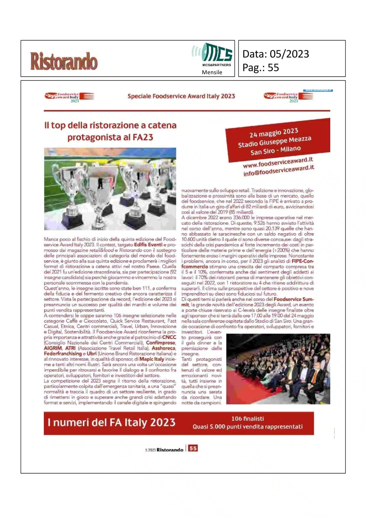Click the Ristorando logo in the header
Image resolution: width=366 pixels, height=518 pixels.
point(64,61)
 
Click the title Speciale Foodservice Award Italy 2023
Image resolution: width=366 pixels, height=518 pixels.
point(181,96)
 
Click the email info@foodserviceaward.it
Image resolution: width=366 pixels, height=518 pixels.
point(279,171)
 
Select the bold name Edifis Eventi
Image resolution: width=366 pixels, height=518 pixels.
point(148,245)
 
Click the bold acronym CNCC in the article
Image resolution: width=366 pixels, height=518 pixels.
point(169,337)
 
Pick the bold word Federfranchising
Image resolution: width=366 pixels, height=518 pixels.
point(63,354)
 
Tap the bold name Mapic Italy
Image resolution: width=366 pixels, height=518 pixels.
point(152,359)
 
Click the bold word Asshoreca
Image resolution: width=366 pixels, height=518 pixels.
point(163,348)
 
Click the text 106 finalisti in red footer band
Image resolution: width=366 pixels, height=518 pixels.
point(248,419)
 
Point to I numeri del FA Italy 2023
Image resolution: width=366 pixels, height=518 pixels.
point(111,423)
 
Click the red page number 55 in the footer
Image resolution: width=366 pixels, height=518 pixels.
point(193,448)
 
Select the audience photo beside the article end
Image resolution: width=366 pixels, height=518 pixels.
point(278,369)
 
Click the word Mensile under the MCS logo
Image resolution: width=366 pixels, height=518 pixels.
point(212,72)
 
